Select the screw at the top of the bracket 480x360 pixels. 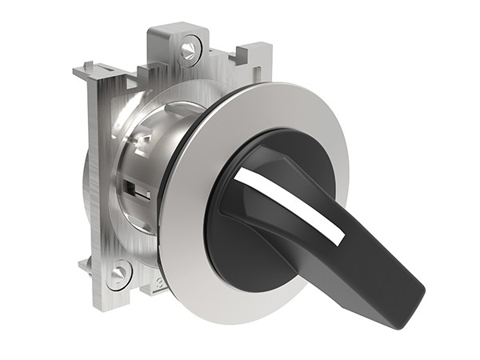click(189, 51)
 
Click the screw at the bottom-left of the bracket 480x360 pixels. click(117, 274)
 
